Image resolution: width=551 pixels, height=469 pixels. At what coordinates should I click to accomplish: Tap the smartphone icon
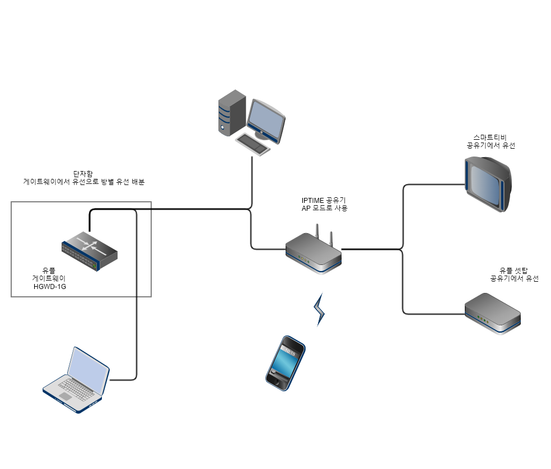pos(285,363)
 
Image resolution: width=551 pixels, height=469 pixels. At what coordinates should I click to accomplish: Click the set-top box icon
pos(493,314)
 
